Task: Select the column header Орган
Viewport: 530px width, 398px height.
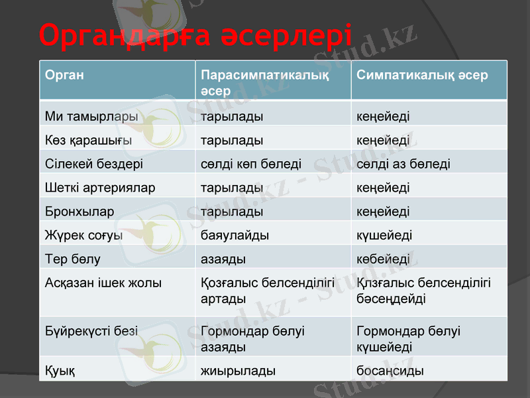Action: [64, 75]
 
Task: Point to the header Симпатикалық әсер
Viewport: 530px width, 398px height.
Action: [422, 75]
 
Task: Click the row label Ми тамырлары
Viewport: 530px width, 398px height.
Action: [91, 117]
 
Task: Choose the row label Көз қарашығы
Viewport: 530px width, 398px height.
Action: [88, 141]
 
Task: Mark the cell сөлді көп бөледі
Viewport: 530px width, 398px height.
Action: [251, 164]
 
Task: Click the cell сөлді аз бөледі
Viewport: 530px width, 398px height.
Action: [403, 164]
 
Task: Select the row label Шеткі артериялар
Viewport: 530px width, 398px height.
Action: [100, 188]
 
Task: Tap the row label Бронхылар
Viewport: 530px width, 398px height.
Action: [79, 212]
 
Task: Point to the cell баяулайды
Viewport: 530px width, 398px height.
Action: [235, 235]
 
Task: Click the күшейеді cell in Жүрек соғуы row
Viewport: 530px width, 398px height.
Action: [384, 235]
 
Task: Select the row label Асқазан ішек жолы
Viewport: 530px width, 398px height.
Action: [103, 283]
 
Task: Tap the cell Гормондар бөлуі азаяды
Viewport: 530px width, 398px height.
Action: [252, 338]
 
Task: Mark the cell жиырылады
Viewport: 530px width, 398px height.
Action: [238, 371]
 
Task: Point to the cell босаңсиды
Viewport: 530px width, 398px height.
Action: [390, 371]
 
